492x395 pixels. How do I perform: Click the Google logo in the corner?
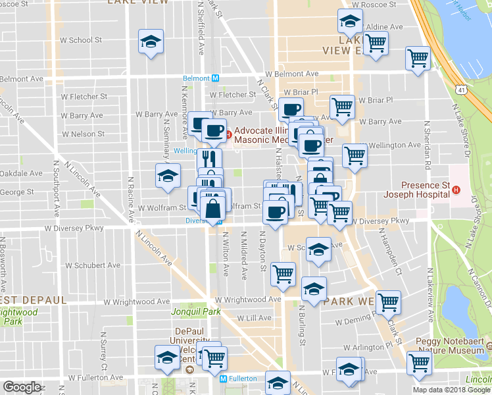click(22, 387)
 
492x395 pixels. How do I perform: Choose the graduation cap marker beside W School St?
click(151, 42)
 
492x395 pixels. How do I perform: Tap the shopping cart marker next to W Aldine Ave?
click(376, 43)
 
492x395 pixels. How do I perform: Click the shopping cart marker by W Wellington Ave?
click(355, 155)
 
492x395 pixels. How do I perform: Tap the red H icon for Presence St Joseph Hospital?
click(456, 191)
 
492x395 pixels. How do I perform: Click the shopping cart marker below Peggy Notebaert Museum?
click(418, 362)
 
